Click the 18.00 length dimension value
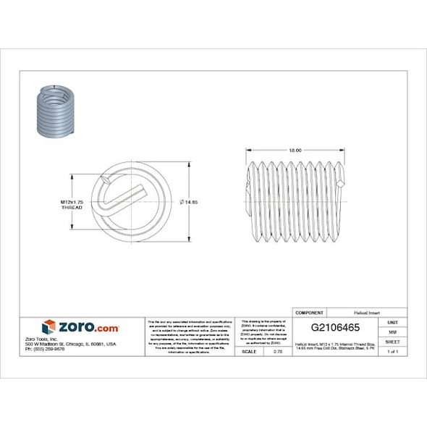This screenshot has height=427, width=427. click(x=295, y=150)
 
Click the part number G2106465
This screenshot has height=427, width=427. click(x=335, y=327)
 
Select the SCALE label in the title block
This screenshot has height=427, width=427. click(x=249, y=351)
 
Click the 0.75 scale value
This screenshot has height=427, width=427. click(x=276, y=351)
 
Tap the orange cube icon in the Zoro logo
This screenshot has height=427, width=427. click(x=48, y=326)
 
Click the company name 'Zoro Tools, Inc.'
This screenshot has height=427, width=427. click(x=59, y=338)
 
